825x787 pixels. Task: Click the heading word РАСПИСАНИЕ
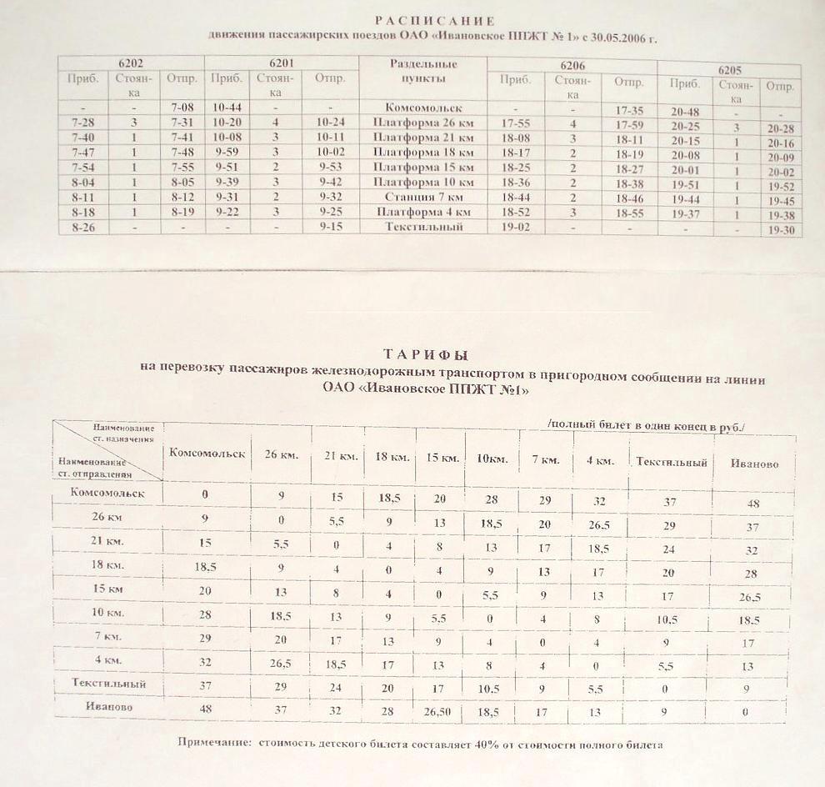[434, 21]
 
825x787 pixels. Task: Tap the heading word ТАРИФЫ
[426, 353]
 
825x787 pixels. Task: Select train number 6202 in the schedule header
[131, 63]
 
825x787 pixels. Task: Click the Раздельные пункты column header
[423, 71]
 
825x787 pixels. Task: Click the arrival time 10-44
[227, 108]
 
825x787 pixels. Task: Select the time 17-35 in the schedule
[628, 110]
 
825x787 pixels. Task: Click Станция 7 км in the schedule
[423, 197]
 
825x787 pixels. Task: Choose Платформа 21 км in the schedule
[423, 138]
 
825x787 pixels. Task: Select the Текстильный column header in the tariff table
[671, 463]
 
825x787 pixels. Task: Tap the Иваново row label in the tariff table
[107, 707]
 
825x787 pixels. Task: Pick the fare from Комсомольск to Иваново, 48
[754, 503]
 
